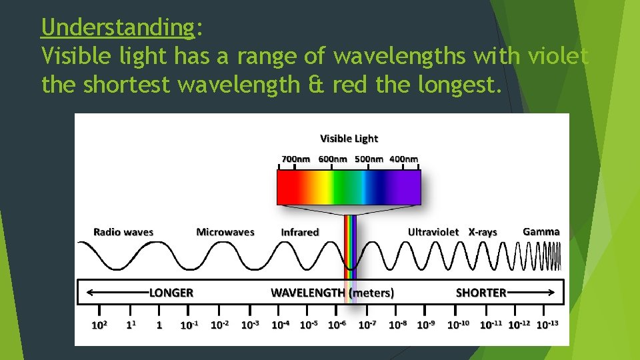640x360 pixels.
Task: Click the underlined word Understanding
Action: tap(117, 28)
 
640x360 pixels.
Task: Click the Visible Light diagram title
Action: tap(349, 139)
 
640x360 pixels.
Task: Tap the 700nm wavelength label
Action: tap(295, 159)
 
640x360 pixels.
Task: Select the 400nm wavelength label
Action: tap(404, 159)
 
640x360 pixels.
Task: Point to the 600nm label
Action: tap(332, 159)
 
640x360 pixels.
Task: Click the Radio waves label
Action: tap(123, 232)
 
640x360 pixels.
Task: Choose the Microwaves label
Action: tap(225, 232)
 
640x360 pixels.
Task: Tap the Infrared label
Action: tap(300, 232)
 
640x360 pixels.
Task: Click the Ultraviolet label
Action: tap(433, 232)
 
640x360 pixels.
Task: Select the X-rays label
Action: tap(483, 232)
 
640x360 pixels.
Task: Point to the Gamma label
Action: tap(541, 231)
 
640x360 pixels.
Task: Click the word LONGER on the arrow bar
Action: tap(171, 292)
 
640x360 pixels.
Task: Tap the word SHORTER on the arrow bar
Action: tap(481, 292)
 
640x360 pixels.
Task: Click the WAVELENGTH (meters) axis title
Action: tap(332, 292)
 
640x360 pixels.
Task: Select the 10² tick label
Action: tap(99, 325)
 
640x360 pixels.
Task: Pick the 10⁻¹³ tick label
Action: tap(547, 325)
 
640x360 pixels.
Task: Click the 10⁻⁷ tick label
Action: tap(367, 325)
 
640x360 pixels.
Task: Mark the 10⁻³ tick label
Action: tap(250, 325)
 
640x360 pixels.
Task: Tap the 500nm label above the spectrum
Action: tap(368, 159)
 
